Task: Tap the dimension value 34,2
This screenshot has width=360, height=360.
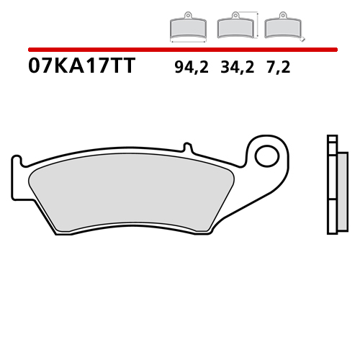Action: pos(235,69)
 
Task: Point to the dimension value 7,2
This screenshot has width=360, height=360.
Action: pos(278,69)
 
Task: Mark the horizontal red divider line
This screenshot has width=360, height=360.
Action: pos(183,50)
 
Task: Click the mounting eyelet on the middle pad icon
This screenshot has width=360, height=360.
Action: pos(234,14)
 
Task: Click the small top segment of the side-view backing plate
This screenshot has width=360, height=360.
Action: pos(332,139)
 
